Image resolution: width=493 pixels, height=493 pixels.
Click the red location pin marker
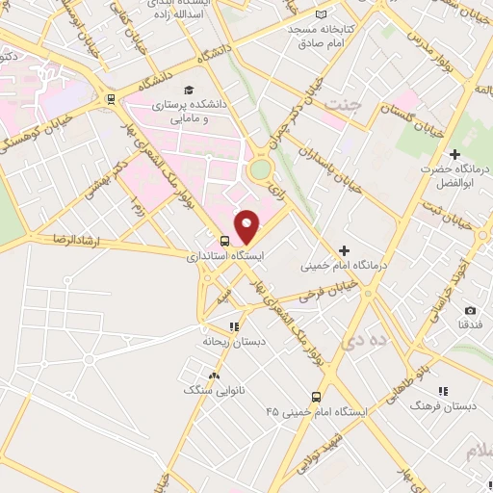point(247,226)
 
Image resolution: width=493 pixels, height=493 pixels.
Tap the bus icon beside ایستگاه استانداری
point(224,241)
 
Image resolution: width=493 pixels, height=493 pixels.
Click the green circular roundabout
point(260,171)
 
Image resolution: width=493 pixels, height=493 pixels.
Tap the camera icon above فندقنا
point(470,310)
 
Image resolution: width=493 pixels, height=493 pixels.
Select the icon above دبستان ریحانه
point(235,325)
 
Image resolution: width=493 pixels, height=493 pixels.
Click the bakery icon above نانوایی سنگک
point(213,376)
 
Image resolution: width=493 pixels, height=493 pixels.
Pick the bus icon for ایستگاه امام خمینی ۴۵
point(316,396)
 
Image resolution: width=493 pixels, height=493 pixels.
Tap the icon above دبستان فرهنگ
point(443,391)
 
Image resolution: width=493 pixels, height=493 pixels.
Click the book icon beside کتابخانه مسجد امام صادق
point(333,15)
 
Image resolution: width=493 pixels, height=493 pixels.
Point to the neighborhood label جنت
point(338,102)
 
